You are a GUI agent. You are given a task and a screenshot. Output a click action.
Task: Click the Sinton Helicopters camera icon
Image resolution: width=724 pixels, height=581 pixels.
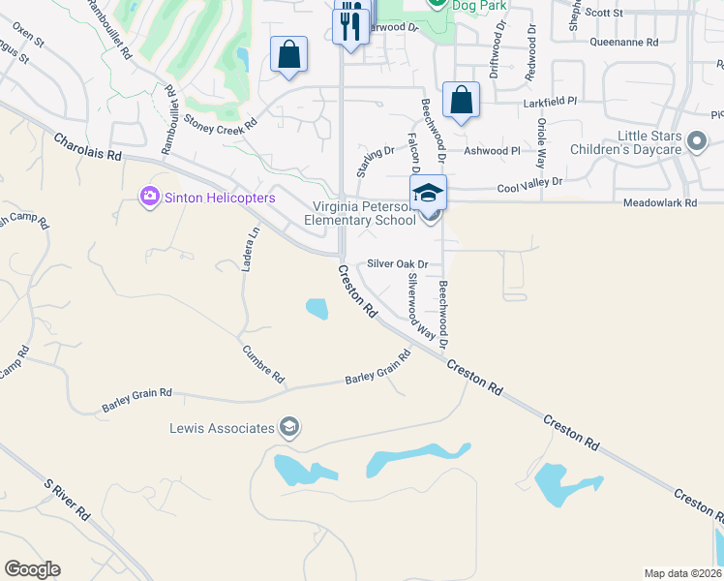pos(149,198)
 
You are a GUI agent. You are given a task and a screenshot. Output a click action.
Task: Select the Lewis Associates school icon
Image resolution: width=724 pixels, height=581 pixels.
pos(288,427)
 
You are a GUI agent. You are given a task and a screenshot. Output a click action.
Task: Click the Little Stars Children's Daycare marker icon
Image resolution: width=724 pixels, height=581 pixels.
pos(695,143)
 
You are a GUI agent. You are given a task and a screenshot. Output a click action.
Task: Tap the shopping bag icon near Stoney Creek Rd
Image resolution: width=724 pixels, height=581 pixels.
pos(289,55)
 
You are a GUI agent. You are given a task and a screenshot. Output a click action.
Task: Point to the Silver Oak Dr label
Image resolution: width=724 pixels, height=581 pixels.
pos(397,263)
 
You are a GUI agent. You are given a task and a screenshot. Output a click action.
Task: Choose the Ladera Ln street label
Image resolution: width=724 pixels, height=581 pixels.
pos(253,248)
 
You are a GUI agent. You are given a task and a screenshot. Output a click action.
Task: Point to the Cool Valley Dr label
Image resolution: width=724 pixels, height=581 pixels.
pos(529,183)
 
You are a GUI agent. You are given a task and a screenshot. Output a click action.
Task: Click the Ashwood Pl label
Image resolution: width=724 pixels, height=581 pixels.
pos(492,151)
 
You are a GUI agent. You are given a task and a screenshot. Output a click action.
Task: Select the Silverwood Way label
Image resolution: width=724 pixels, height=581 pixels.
pos(419,307)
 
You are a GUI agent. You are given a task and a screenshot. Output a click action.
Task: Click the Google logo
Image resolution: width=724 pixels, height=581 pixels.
pos(32,569)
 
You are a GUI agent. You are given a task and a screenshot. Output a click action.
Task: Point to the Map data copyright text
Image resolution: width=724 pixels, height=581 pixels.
pos(682,573)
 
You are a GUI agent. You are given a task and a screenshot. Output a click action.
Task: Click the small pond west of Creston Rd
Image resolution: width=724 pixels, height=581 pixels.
pos(317,309)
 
